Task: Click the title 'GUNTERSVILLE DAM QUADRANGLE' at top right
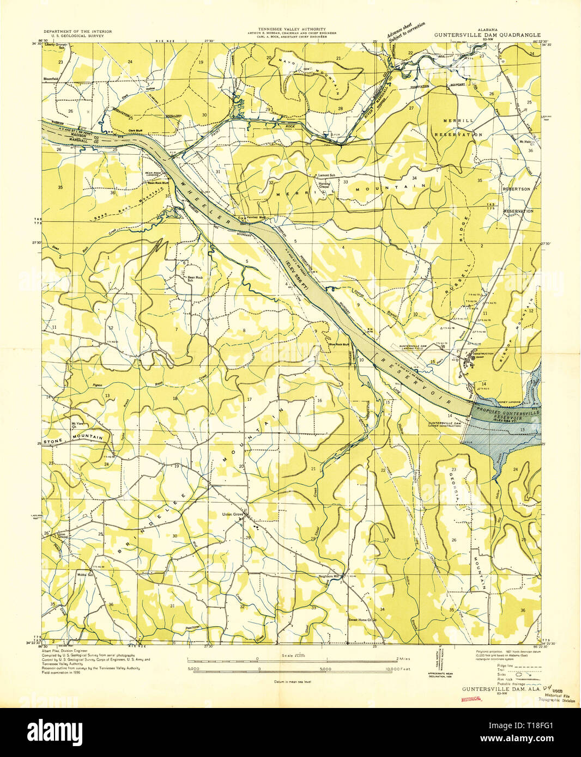pyautogui.click(x=487, y=34)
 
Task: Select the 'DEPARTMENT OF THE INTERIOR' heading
pyautogui.click(x=77, y=32)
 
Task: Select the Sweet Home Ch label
pyautogui.click(x=362, y=620)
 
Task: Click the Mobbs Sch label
pyautogui.click(x=85, y=575)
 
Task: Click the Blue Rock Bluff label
pyautogui.click(x=338, y=344)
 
